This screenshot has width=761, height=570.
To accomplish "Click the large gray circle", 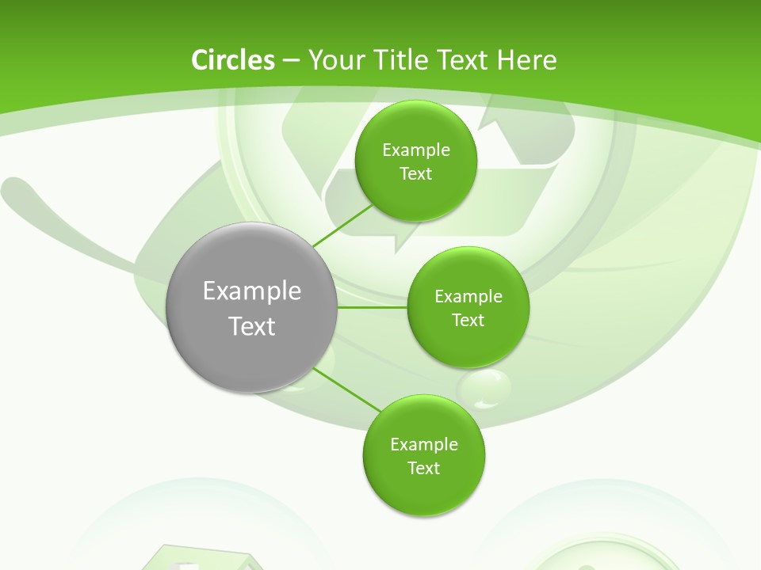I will (x=252, y=307).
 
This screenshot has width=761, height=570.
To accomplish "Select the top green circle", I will (x=415, y=161).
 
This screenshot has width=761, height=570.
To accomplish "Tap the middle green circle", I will (x=468, y=307).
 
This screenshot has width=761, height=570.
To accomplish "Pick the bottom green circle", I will (x=423, y=455).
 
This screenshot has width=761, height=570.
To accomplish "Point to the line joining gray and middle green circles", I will (x=372, y=307).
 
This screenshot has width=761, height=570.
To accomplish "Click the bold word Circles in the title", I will (x=233, y=60).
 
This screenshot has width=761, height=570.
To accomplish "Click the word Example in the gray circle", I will (x=252, y=291).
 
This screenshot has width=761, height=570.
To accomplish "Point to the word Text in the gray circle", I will (x=252, y=326).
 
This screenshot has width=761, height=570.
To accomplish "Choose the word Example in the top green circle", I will (x=416, y=150).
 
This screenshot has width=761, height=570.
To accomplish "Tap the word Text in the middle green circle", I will (x=468, y=320).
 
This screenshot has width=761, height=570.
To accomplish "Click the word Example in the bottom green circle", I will (x=424, y=444).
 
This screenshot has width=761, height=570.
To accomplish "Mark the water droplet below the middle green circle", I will (x=485, y=388).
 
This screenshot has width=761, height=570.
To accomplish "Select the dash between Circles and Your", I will (x=290, y=60).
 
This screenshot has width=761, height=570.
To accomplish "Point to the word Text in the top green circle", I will (x=415, y=173).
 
